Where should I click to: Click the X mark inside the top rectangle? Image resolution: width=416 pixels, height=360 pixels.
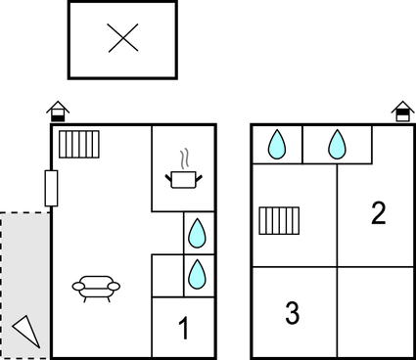pos(122,39)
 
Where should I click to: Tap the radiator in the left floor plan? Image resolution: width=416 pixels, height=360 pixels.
pos(77,145)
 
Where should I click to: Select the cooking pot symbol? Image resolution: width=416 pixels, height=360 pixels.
pos(182,179)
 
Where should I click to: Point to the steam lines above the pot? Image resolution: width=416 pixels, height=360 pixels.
pos(182,157)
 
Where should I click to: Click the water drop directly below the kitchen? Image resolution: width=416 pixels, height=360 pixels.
pos(197,233)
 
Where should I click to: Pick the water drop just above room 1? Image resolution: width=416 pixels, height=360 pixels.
pos(197,272)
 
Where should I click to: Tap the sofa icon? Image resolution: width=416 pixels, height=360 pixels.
pos(96,287)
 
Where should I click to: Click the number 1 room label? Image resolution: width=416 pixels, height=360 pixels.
pos(183,329)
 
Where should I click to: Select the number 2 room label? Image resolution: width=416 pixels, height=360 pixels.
pos(378,213)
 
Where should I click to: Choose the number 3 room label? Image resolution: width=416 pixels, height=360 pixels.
pos(292,314)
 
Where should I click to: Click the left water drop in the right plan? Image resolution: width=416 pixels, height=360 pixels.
pos(277,145)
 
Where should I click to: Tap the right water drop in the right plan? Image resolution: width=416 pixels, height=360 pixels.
pos(337,145)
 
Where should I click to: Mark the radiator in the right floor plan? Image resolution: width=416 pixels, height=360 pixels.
pos(279,220)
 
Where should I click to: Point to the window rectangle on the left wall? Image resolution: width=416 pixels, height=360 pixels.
pos(51,187)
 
